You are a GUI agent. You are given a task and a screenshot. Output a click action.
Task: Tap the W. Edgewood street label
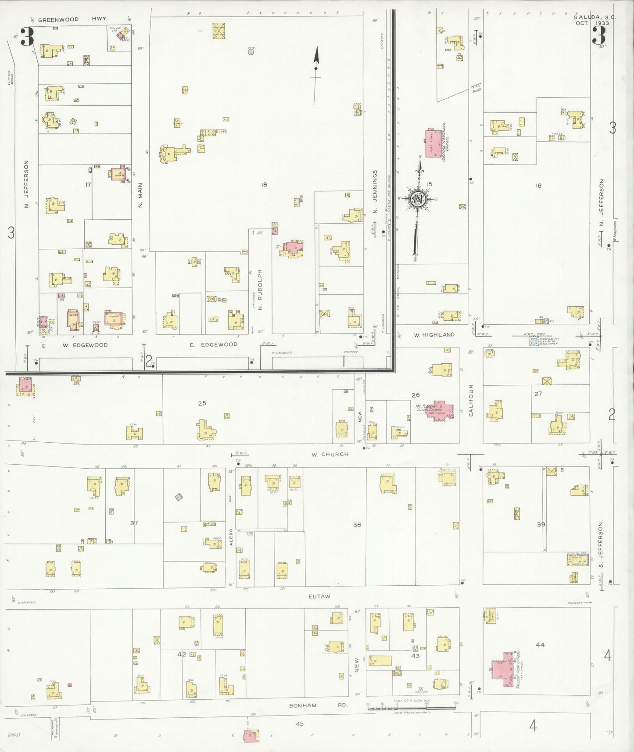85,345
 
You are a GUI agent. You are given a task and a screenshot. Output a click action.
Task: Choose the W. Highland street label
434,335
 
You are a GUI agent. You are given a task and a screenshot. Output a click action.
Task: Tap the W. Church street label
330,455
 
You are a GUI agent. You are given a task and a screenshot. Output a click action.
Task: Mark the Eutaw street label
319,596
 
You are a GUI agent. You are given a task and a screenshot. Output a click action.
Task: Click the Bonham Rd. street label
318,705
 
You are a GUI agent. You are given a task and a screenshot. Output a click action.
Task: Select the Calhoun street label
471,400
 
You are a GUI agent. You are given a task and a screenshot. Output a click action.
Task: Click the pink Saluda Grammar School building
433,143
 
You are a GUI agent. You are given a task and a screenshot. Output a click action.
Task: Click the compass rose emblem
417,199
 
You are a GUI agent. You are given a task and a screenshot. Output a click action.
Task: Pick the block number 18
264,185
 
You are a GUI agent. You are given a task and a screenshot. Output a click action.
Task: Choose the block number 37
134,523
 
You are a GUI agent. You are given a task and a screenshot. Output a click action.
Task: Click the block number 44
540,645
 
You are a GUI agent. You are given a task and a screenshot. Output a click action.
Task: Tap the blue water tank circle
533,341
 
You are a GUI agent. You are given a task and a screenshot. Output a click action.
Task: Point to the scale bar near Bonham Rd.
412,706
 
